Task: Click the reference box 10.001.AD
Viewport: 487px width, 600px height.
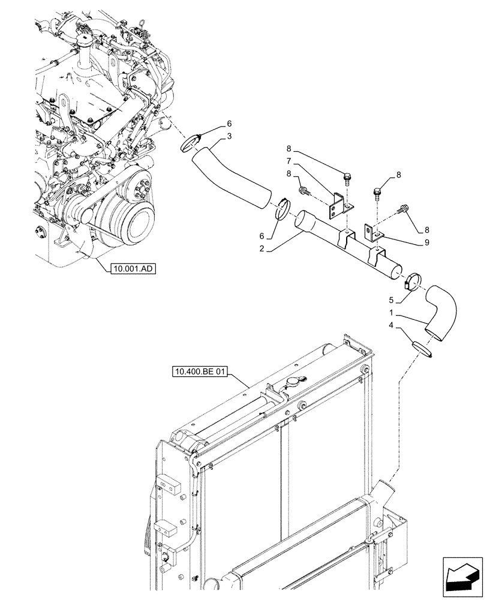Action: click(133, 269)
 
